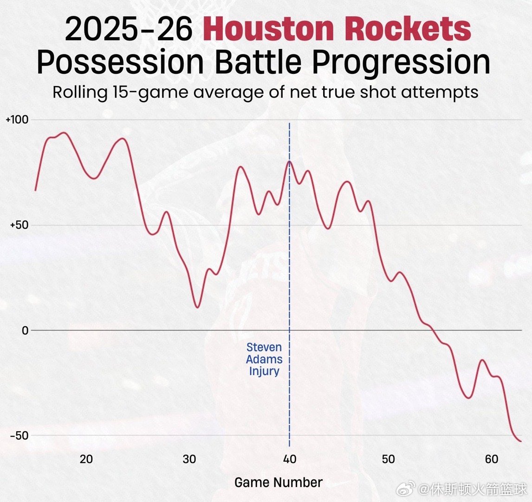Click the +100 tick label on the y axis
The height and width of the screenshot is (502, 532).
[16, 119]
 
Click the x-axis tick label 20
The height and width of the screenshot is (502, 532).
[86, 459]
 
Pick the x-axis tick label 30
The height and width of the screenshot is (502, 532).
[189, 459]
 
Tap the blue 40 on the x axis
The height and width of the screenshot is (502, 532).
[289, 459]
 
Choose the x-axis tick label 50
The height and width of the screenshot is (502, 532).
[388, 459]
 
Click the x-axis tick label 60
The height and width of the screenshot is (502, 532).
[491, 459]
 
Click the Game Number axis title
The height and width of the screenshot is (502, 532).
[278, 482]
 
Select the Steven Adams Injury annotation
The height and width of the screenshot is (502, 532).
[264, 359]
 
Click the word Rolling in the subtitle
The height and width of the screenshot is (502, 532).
[80, 92]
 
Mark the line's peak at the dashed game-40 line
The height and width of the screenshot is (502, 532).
[289, 161]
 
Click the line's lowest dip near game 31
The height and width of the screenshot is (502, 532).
[197, 307]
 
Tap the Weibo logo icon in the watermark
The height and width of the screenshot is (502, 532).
[409, 489]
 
